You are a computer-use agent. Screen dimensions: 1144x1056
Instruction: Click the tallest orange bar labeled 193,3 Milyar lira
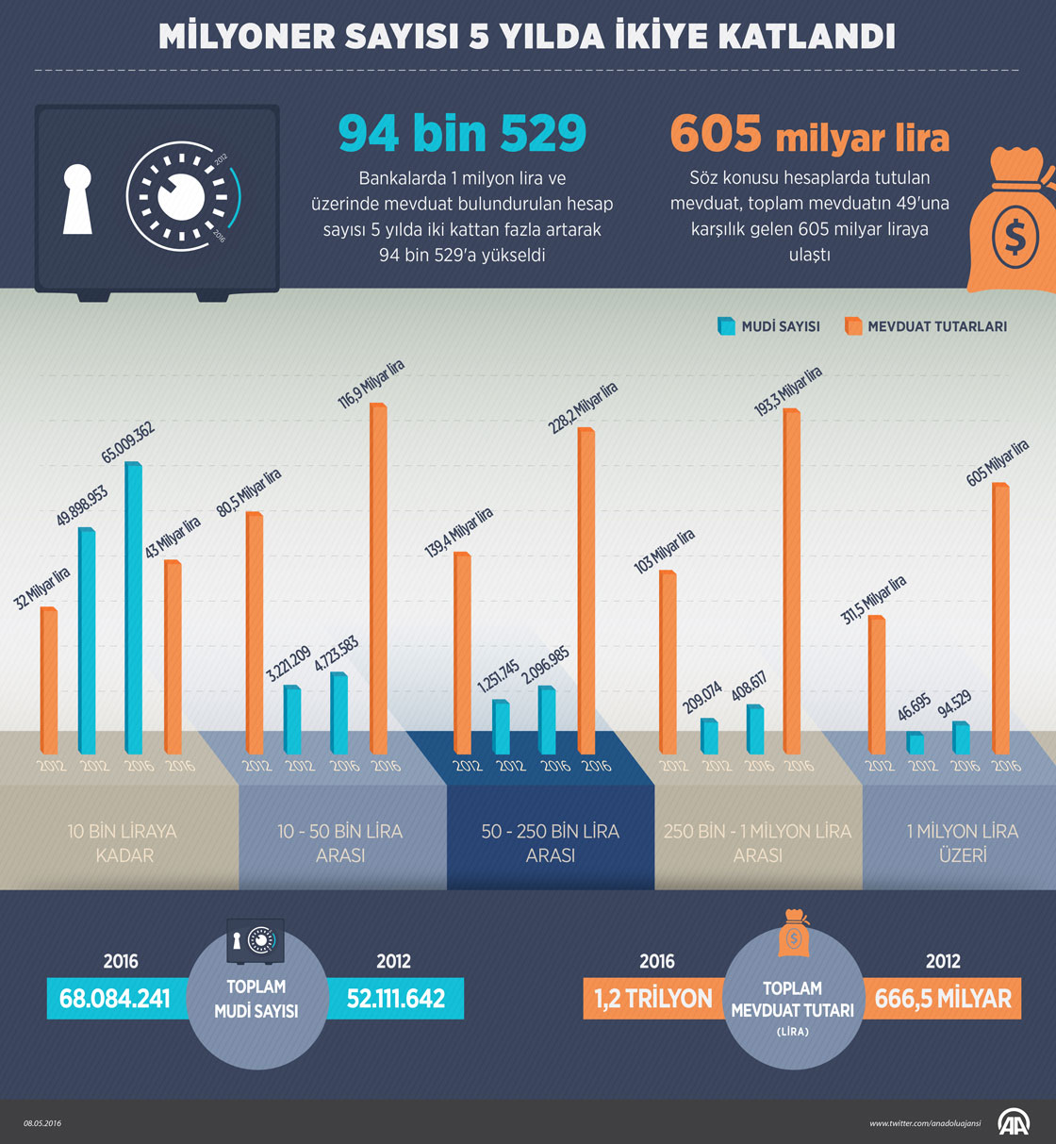point(791,580)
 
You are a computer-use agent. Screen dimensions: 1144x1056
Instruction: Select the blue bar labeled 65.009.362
point(133,608)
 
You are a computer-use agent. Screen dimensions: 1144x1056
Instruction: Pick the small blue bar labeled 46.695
point(915,742)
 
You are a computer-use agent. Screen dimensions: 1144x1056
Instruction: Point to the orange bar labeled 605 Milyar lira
point(1000,618)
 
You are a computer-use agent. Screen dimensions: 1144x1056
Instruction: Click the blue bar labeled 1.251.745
point(501,727)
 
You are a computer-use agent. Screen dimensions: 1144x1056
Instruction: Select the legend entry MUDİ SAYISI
point(769,326)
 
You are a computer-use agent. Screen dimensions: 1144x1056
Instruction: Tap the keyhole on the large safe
point(77,198)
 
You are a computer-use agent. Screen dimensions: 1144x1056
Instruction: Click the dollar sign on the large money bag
point(1015,237)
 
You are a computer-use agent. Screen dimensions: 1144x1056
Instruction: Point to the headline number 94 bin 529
point(462,133)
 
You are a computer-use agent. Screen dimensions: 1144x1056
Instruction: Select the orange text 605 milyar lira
point(809,134)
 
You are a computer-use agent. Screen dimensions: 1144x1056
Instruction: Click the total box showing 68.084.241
point(115,999)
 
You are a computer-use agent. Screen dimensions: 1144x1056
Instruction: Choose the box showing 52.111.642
point(396,999)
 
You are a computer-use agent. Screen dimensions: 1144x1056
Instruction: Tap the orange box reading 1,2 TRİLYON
point(652,999)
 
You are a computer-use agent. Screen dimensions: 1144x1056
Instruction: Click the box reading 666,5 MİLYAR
point(942,999)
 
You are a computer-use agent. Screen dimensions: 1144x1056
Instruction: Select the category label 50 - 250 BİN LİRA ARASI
point(551,843)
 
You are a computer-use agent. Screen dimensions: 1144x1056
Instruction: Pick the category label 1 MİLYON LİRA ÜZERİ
point(962,843)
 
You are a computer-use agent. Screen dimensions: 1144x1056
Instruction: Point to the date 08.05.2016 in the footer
point(42,1123)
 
